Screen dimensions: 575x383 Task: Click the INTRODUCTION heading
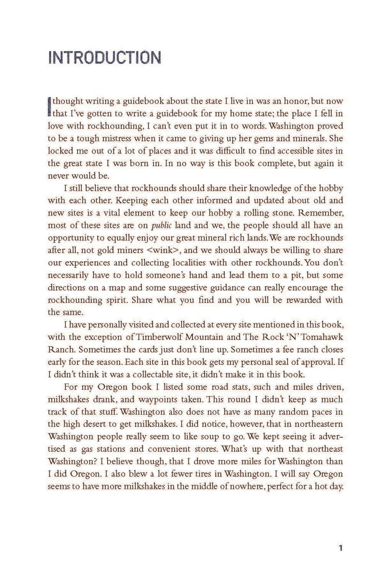tap(104, 57)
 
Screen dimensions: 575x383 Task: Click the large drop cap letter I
tap(49, 107)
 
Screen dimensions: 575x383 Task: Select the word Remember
tap(319, 213)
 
